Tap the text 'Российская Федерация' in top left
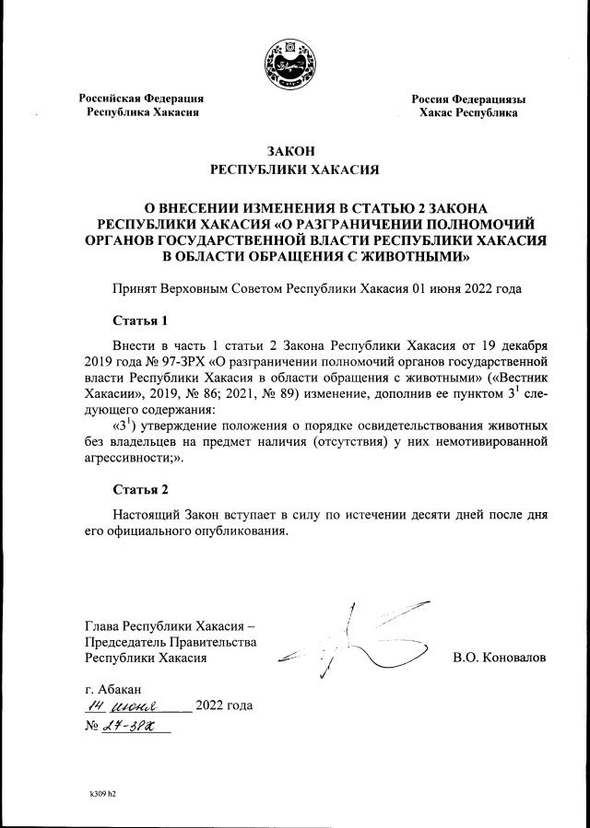(141, 99)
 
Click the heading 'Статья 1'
(140, 321)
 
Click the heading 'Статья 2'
(140, 488)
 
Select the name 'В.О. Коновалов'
(499, 659)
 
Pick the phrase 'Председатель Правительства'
(170, 642)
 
